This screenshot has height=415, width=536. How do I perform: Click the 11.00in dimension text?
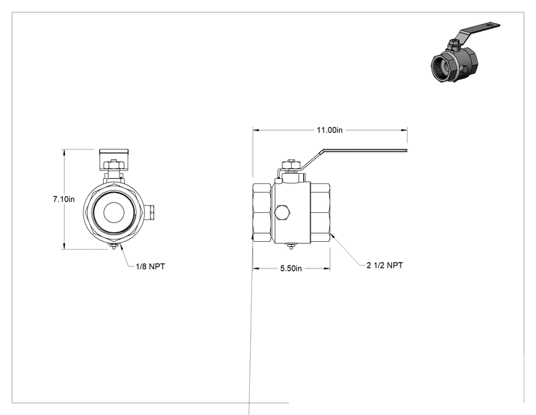click(329, 130)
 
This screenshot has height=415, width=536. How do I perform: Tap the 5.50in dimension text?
click(291, 268)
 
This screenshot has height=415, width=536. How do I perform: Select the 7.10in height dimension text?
click(63, 199)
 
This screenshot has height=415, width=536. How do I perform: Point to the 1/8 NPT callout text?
click(151, 266)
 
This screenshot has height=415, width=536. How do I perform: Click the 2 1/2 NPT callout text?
click(385, 266)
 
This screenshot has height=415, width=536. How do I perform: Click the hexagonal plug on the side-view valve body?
click(282, 212)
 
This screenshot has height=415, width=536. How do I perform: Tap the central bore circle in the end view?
click(114, 212)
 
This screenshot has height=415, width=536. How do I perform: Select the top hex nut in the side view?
click(290, 164)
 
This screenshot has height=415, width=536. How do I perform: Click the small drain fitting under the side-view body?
click(291, 246)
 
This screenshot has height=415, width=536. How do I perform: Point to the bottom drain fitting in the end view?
click(113, 246)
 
